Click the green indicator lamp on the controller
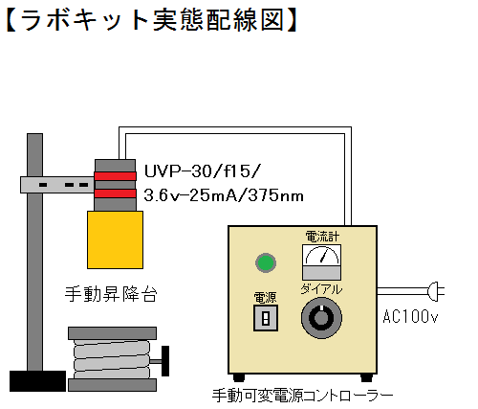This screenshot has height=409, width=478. coord(266,262)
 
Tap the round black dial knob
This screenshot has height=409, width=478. coord(321,318)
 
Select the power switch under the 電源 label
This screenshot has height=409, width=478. coord(266,318)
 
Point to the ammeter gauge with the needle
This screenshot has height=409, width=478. coord(321,262)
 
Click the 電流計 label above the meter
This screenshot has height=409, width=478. coord(322,237)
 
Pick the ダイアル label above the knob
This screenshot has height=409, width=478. coord(321,289)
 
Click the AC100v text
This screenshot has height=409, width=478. coord(410,317)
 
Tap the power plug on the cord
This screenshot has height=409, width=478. coord(436,291)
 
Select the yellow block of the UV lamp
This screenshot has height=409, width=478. coord(115,239)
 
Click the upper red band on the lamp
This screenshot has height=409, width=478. coord(115,176)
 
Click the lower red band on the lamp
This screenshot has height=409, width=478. coord(115,193)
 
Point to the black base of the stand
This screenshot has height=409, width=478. coord(37,381)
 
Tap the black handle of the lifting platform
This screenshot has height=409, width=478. coord(165,361)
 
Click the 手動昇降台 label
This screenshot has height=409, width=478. coord(111,294)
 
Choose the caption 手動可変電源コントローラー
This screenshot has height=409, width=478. coord(302,396)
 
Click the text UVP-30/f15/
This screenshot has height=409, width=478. coord(203,171)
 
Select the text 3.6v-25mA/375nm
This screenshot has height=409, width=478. coord(224,195)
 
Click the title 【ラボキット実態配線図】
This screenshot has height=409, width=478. coord(152,20)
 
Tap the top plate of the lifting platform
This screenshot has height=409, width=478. coord(112,333)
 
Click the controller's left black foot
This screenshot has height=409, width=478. coord(238,377)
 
